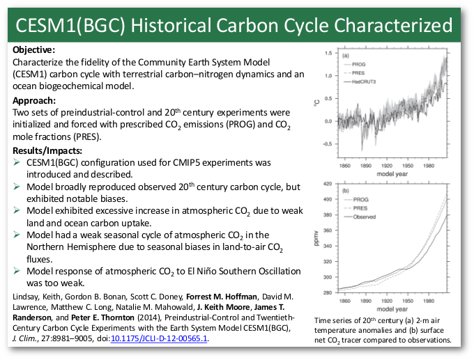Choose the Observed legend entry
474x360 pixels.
(365, 217)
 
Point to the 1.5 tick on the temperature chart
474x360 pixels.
(326, 53)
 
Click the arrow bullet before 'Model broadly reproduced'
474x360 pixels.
(18, 188)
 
